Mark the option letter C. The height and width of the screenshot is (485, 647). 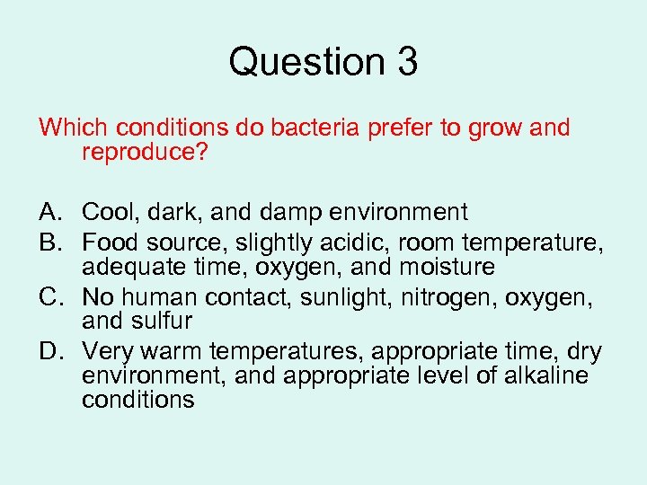(49, 296)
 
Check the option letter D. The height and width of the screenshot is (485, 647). (49, 351)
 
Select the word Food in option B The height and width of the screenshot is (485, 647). (108, 242)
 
